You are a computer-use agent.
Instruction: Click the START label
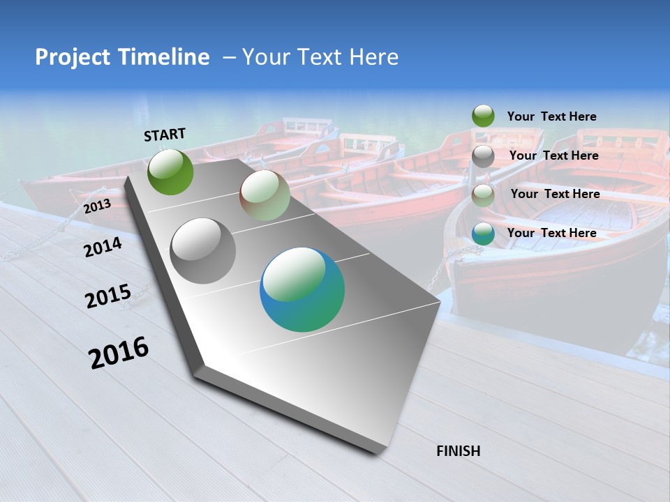pos(165,134)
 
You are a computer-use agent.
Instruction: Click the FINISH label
pos(458,451)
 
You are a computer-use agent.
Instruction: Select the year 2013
pos(97,206)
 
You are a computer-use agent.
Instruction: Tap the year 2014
pos(103,247)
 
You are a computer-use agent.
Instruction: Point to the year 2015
pos(108,296)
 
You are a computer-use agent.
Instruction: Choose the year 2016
pos(119,352)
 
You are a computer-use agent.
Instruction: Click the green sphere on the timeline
pos(170,172)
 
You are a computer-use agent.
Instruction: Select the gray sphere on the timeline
pos(203,251)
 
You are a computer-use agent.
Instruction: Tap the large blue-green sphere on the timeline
pos(302,289)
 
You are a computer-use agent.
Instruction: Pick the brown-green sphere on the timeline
pos(265,196)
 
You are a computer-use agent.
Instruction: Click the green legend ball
pos(483,116)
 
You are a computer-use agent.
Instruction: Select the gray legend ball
pos(483,155)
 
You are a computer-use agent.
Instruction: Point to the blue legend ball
pos(483,233)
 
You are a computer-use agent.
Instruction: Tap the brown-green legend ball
pos(483,195)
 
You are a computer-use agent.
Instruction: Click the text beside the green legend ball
pos(551,116)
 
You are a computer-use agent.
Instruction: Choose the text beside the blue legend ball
pos(551,233)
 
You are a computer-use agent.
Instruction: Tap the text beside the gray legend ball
pos(553,155)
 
